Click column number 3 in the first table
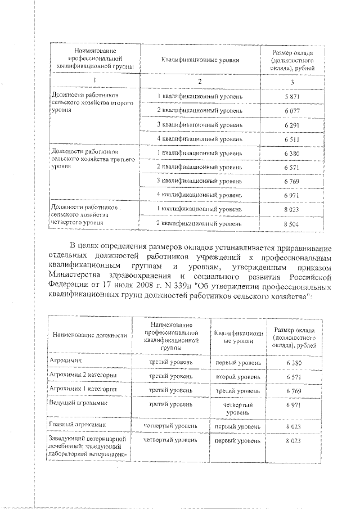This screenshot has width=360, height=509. point(291,82)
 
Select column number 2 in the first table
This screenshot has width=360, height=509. point(200,82)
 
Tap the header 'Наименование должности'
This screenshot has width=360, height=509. point(89,335)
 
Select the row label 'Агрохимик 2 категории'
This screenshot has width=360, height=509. point(83,375)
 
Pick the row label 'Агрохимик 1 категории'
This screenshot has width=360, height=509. point(83,389)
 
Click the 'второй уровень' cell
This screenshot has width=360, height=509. point(237,376)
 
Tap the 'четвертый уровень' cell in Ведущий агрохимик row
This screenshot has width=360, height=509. point(237,408)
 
